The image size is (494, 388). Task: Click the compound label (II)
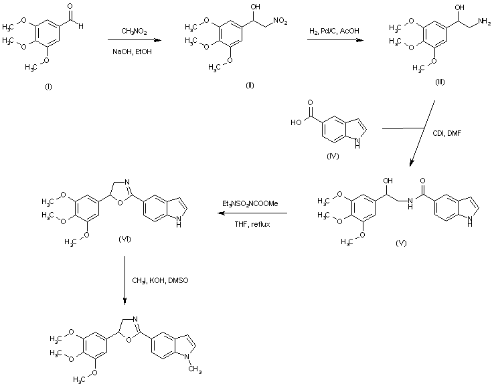[250, 86]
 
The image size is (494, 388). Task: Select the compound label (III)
[439, 81]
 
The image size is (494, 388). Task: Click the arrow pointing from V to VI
[252, 214]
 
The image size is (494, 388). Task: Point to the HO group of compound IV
[297, 122]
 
